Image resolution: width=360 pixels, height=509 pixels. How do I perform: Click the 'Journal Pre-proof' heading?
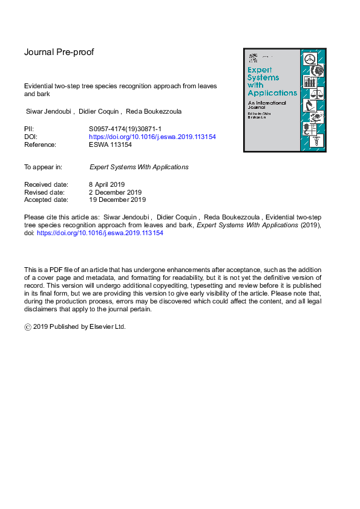click(59, 52)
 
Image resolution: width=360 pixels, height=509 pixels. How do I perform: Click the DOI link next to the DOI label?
click(152, 137)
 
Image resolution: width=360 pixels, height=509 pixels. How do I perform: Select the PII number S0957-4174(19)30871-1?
click(124, 129)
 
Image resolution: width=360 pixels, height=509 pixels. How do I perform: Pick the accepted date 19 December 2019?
click(117, 199)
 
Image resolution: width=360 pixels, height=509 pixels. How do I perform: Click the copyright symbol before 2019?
click(28, 326)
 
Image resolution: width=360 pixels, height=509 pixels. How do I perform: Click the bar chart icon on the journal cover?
click(311, 81)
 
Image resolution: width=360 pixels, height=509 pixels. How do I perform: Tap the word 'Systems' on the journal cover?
click(264, 77)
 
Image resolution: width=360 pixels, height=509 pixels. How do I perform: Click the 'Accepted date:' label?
click(45, 199)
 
